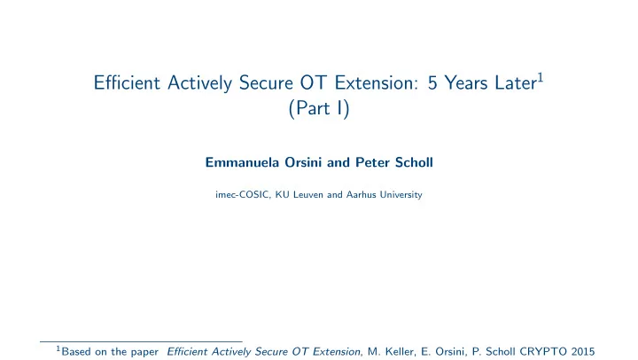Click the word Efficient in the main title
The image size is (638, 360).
pyautogui.click(x=127, y=83)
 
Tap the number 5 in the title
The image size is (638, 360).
pyautogui.click(x=432, y=83)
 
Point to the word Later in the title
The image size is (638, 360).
pyautogui.click(x=516, y=83)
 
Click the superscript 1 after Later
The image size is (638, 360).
pyautogui.click(x=541, y=77)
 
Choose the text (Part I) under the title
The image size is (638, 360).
pyautogui.click(x=319, y=108)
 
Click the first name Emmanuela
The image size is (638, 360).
pyautogui.click(x=242, y=162)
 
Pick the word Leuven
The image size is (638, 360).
pyautogui.click(x=308, y=195)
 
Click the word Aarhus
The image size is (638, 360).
pyautogui.click(x=361, y=195)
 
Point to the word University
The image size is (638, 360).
pyautogui.click(x=401, y=195)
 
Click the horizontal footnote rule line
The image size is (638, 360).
pyautogui.click(x=141, y=341)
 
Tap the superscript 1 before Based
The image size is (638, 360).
pyautogui.click(x=58, y=348)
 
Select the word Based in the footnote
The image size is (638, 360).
pyautogui.click(x=76, y=351)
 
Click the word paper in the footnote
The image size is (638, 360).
pyautogui.click(x=144, y=352)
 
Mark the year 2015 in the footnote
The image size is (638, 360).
pyautogui.click(x=583, y=351)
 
